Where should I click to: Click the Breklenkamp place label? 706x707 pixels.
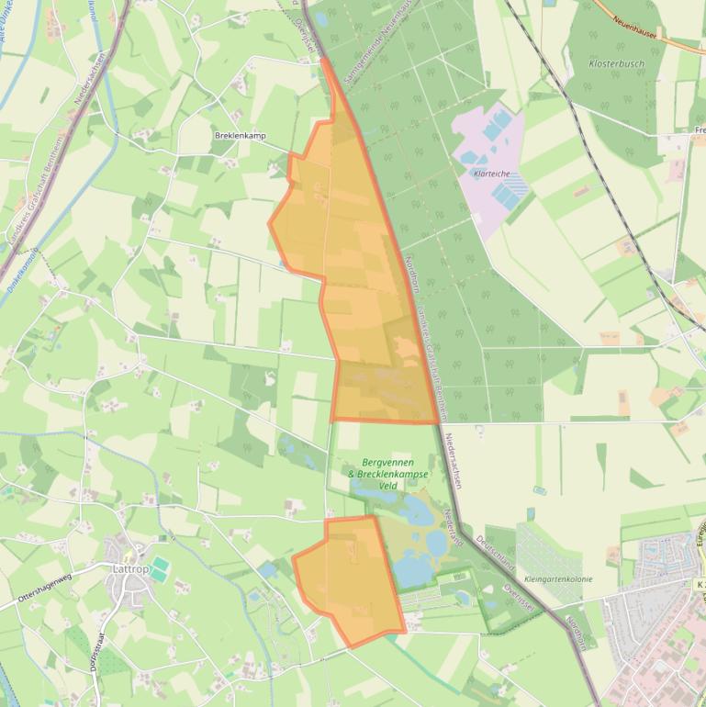click(x=239, y=136)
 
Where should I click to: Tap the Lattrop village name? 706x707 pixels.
click(x=129, y=568)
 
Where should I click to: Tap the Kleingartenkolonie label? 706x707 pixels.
click(x=557, y=579)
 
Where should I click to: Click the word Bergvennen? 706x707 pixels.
click(x=387, y=462)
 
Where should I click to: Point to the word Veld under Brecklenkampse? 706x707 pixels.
click(x=387, y=487)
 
